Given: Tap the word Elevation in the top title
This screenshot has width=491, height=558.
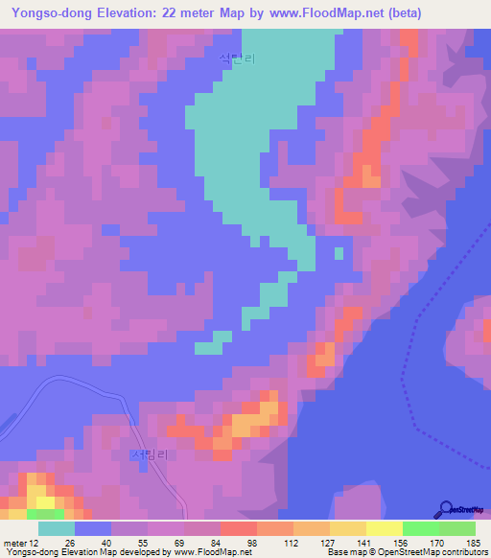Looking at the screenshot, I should pos(129,14).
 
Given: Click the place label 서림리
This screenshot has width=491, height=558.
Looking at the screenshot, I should pos(149,457).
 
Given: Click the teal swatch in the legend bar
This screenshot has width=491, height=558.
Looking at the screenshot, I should pos(57,528).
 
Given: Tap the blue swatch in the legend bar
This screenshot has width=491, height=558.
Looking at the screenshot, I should pos(93,528).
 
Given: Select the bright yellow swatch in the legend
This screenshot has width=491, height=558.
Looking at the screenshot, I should pos(385,528).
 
